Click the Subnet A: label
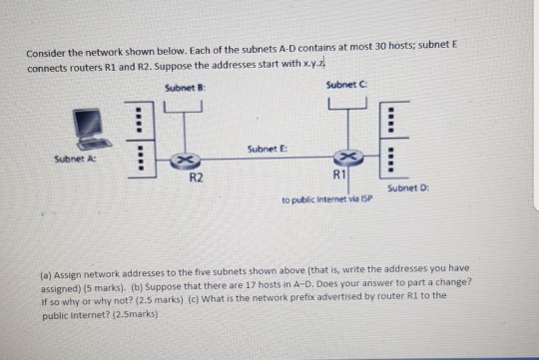point(73,160)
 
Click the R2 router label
point(197,178)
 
